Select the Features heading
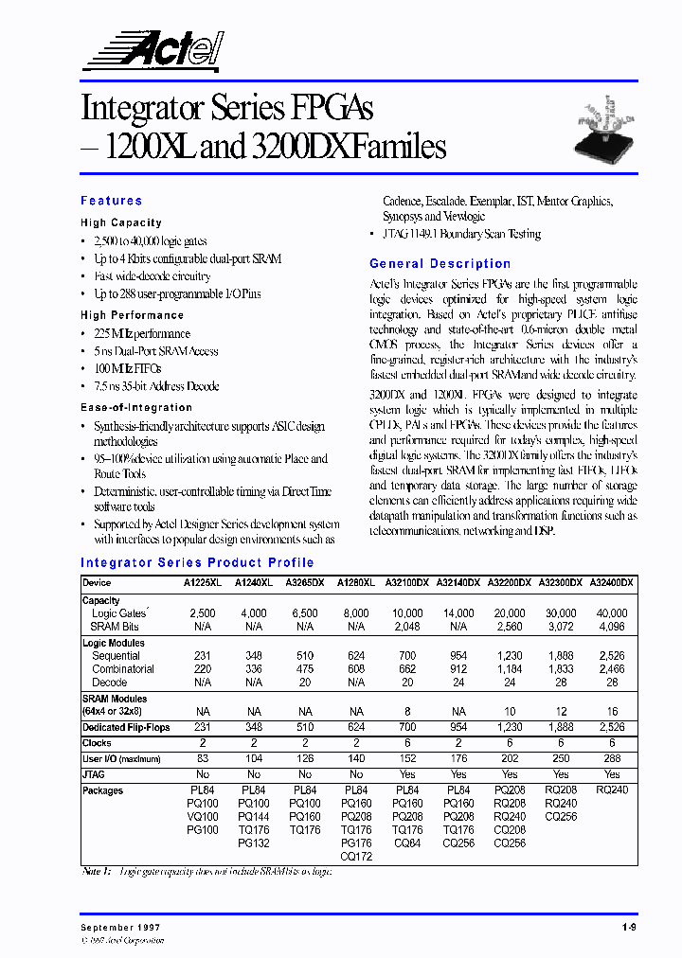(x=112, y=201)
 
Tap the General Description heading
(x=440, y=264)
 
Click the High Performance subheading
(x=132, y=315)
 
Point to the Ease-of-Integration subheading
(x=136, y=407)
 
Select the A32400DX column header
(x=612, y=583)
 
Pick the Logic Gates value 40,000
(x=612, y=613)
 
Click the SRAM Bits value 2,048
(x=407, y=627)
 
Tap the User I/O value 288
(x=612, y=759)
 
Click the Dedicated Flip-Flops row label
(x=128, y=727)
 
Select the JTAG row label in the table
(x=96, y=774)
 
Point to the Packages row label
(x=102, y=790)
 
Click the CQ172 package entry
(x=356, y=856)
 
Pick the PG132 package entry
(x=254, y=843)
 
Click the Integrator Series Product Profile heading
(x=197, y=562)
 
